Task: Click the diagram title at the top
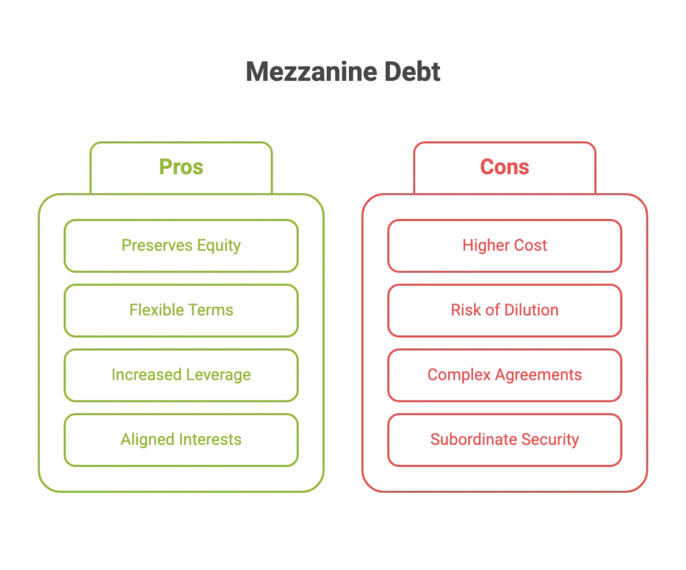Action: click(x=345, y=73)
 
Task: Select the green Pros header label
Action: click(x=180, y=167)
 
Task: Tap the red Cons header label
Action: click(x=504, y=167)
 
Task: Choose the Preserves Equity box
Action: click(x=180, y=245)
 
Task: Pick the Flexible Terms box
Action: click(x=180, y=309)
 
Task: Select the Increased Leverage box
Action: click(x=180, y=374)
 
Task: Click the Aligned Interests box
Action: click(x=180, y=440)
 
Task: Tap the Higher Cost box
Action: click(x=504, y=245)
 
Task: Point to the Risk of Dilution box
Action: click(x=504, y=309)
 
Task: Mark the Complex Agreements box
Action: click(x=504, y=374)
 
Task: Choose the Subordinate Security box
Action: click(x=504, y=440)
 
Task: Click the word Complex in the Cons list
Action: click(x=454, y=374)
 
